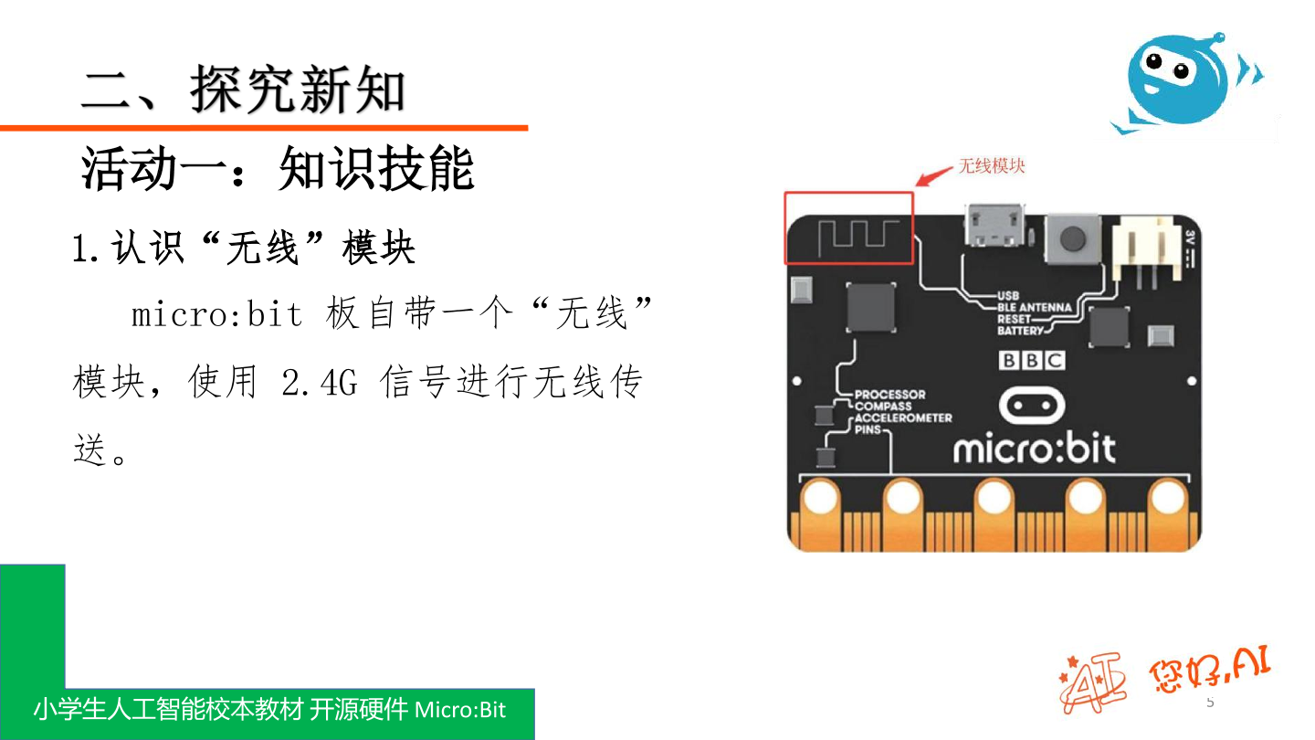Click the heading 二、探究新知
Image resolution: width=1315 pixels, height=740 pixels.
(x=243, y=90)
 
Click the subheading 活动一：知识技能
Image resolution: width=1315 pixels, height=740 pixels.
(x=278, y=169)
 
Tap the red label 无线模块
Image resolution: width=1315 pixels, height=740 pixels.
(x=991, y=166)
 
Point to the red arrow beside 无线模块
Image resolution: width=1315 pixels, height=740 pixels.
(x=934, y=175)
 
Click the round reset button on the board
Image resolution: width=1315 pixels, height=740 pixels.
(x=1069, y=238)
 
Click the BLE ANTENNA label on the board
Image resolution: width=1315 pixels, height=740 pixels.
(x=1034, y=308)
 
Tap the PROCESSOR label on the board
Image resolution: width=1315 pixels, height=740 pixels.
(x=889, y=395)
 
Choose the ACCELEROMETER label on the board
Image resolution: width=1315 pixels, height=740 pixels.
(x=903, y=418)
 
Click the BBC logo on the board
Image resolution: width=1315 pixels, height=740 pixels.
(x=1032, y=360)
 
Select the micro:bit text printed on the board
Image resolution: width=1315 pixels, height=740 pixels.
(x=1034, y=449)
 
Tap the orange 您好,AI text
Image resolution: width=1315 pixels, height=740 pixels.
(x=1209, y=673)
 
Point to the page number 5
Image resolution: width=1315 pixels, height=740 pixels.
(x=1210, y=703)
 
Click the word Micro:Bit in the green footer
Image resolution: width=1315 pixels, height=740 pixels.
(x=459, y=710)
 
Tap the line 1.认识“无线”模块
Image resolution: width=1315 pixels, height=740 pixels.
(x=244, y=248)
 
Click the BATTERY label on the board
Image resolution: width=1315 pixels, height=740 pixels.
(x=1019, y=331)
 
